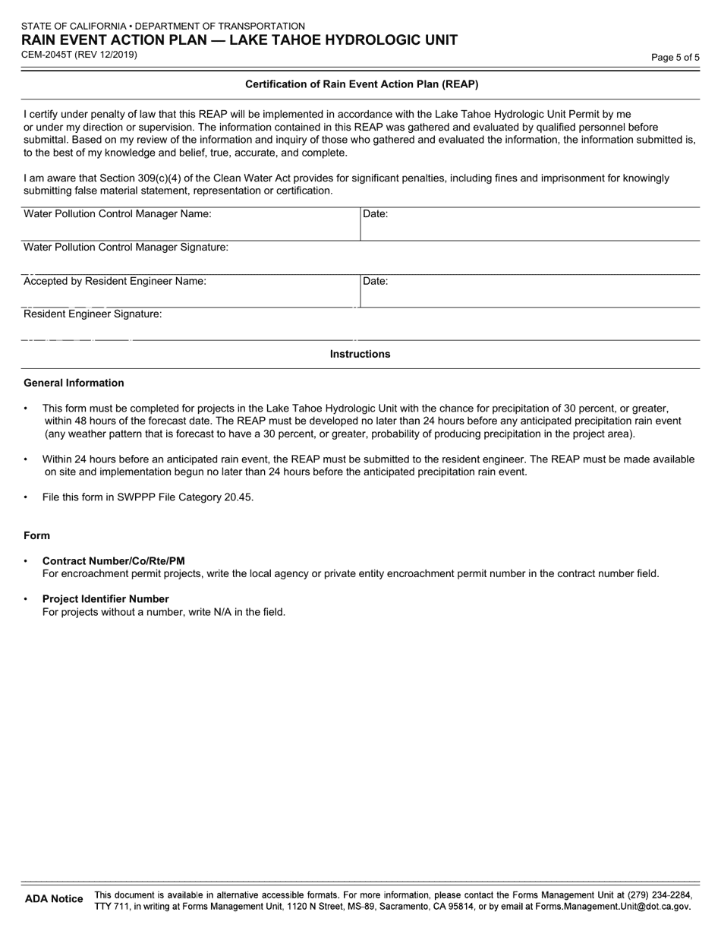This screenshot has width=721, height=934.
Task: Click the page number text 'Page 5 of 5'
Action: click(x=675, y=57)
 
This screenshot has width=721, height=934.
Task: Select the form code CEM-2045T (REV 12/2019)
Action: click(x=80, y=55)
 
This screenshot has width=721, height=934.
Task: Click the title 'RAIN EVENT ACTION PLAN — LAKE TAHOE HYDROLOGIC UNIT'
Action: click(x=239, y=40)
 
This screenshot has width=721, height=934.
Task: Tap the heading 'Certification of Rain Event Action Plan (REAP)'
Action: click(x=361, y=84)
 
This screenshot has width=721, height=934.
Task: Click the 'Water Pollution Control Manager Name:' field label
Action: click(x=118, y=214)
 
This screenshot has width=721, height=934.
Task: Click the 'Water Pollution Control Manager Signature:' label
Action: click(x=126, y=248)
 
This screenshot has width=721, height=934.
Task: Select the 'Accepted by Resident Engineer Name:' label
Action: click(x=115, y=281)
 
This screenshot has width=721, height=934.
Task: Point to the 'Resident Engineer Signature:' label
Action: click(x=93, y=314)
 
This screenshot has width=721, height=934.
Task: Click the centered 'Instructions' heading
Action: click(x=360, y=354)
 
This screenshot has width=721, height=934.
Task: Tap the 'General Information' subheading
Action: click(x=74, y=383)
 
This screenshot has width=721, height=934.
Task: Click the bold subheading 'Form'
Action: click(x=36, y=535)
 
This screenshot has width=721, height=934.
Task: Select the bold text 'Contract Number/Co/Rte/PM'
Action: click(x=113, y=561)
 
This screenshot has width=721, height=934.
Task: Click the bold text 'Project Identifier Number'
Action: click(x=105, y=599)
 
